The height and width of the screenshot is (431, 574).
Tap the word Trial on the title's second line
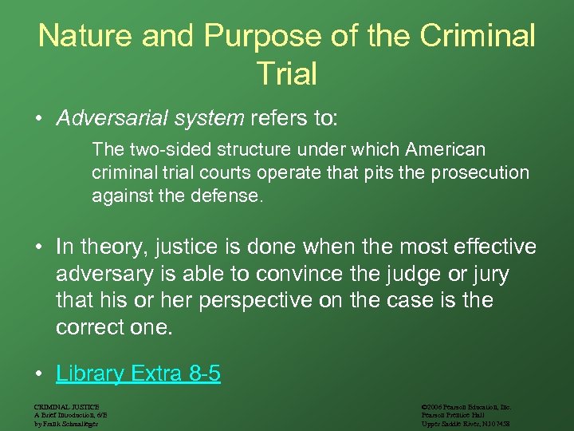[286, 73]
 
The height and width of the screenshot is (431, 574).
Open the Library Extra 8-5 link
[138, 374]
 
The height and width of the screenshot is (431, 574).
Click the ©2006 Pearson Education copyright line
[466, 406]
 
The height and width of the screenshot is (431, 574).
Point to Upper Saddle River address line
[466, 424]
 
